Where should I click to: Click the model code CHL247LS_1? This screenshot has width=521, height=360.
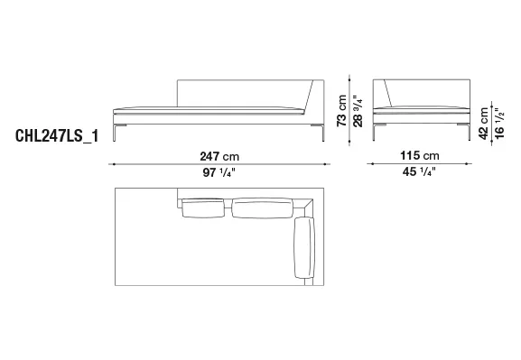coord(57,135)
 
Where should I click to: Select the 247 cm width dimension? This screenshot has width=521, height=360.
coord(219,156)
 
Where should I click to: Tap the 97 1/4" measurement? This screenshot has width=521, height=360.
coord(219,172)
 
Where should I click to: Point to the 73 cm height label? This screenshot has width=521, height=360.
coord(342,111)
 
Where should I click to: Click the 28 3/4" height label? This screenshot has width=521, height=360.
coord(358,111)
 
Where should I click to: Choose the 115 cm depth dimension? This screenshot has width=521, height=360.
coord(420,155)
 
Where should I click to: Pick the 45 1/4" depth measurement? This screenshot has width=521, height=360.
coord(419,171)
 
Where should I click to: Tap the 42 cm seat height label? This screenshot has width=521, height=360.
coord(484,124)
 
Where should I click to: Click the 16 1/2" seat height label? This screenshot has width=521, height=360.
coord(499,124)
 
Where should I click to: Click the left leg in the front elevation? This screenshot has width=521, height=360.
coord(115,133)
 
